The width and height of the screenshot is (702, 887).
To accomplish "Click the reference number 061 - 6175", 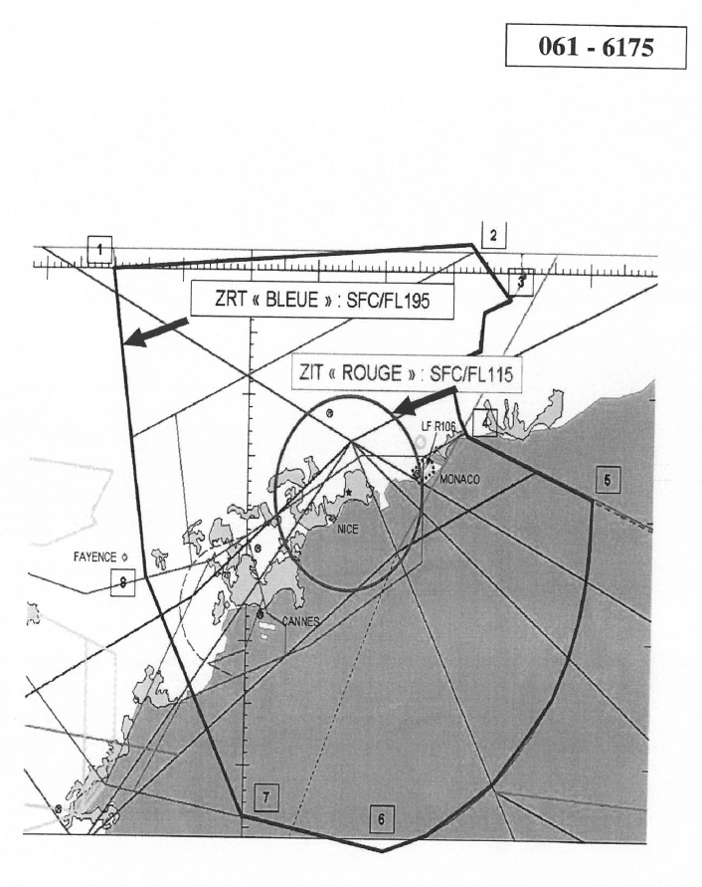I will pyautogui.click(x=596, y=46).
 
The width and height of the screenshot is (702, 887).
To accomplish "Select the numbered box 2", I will pyautogui.click(x=493, y=235).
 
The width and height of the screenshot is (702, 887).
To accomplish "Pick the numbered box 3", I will pyautogui.click(x=521, y=283).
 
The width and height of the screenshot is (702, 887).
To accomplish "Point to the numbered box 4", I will pyautogui.click(x=484, y=422).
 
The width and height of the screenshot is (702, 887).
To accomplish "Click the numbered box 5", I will pyautogui.click(x=608, y=481).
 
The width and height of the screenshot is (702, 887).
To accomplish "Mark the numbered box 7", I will pyautogui.click(x=265, y=796).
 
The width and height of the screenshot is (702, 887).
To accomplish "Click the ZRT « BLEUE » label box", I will pyautogui.click(x=322, y=302).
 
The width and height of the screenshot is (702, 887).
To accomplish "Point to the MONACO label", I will pyautogui.click(x=458, y=479).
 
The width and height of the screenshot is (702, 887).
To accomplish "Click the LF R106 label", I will pyautogui.click(x=438, y=427).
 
